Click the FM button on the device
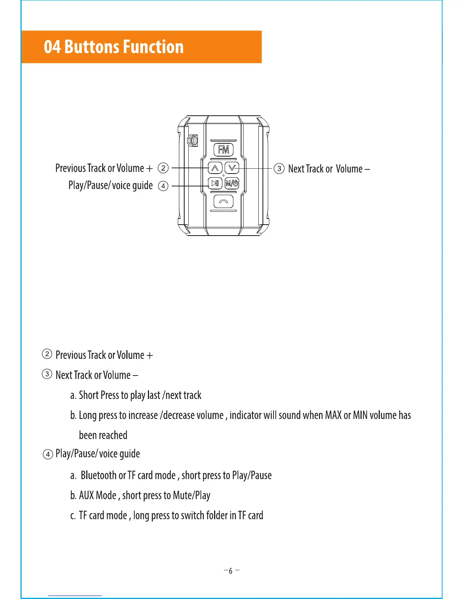point(224,150)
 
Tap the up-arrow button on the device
point(215,168)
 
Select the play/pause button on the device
point(215,183)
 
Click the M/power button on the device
point(232,184)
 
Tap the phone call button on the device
point(224,202)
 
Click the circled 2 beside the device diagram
point(163,168)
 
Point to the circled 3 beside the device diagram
point(279,168)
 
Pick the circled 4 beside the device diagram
point(163,186)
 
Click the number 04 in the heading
point(52,47)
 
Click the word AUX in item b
point(86,495)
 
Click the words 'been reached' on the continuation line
point(103,435)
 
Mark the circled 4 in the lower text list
point(48,454)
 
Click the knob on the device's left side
point(193,141)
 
